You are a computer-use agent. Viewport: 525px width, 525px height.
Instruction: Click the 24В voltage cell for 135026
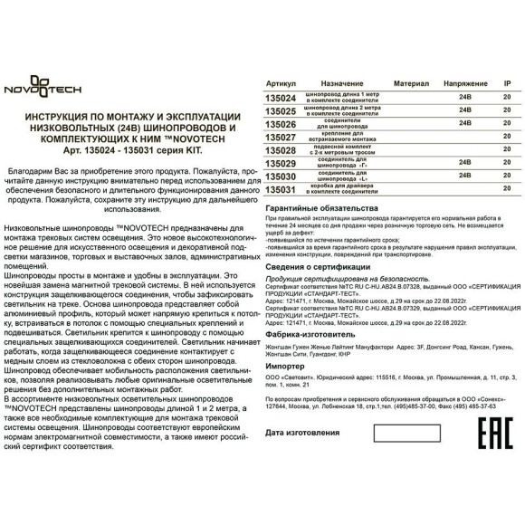point(465,122)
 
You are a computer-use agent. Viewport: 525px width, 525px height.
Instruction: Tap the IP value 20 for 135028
point(506,149)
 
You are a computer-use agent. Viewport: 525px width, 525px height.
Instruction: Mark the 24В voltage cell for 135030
point(465,176)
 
